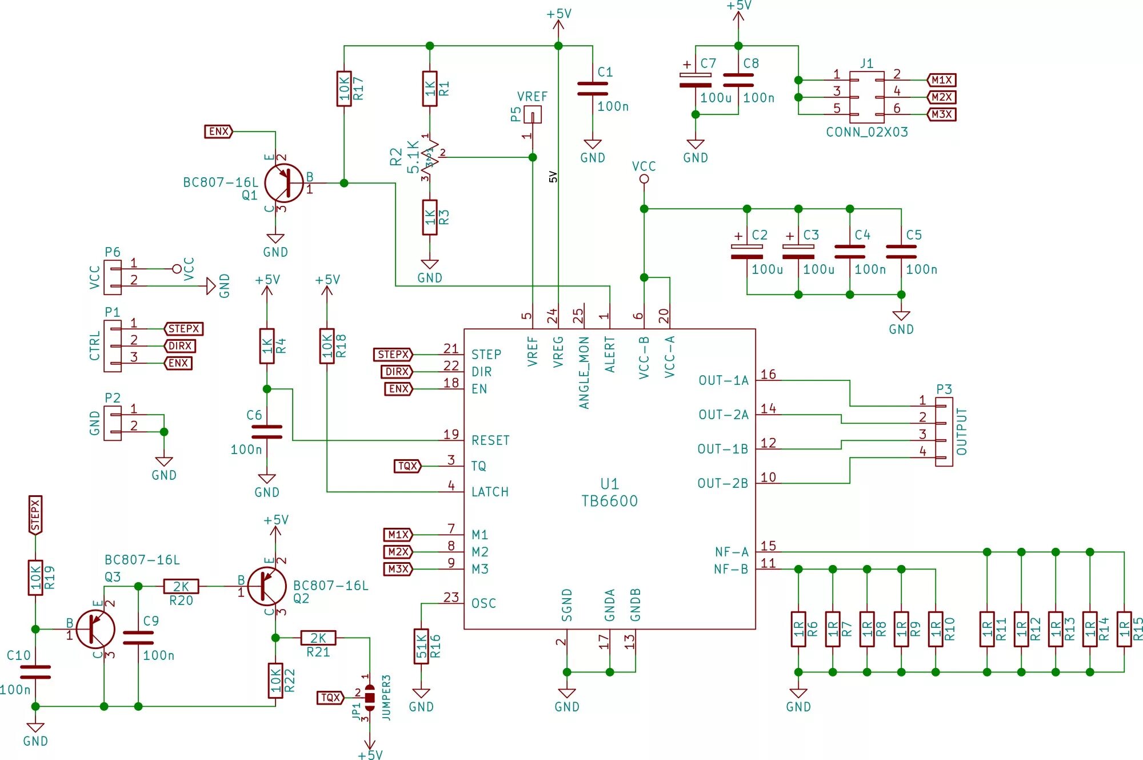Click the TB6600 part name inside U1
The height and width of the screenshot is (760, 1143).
coord(609,501)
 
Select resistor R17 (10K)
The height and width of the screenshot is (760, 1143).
coord(344,89)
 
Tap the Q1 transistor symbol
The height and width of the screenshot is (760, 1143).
coord(283,183)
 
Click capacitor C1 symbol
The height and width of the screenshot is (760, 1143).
coord(593,89)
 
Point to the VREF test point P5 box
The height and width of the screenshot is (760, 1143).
coord(533,115)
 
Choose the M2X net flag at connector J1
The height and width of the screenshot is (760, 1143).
coord(941,97)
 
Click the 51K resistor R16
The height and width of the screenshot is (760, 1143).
coord(421,646)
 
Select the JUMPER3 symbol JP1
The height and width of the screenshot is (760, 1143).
coord(370,698)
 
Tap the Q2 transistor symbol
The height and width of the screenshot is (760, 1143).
coord(267,586)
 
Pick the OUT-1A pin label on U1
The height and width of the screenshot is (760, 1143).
coord(724,380)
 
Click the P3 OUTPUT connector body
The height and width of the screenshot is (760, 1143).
coord(944,432)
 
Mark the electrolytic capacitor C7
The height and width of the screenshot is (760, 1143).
coord(696,80)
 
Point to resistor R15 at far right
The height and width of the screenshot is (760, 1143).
coord(1124,629)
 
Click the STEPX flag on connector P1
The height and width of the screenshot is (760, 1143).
coord(183,329)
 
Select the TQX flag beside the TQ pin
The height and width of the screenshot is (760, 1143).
coord(407,466)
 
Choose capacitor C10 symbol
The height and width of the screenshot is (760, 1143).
coord(35,672)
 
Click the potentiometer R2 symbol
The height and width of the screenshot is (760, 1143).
coord(430,157)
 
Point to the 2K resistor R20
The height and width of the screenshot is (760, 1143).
coord(181,586)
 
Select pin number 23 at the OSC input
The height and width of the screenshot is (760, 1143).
coord(451,598)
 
